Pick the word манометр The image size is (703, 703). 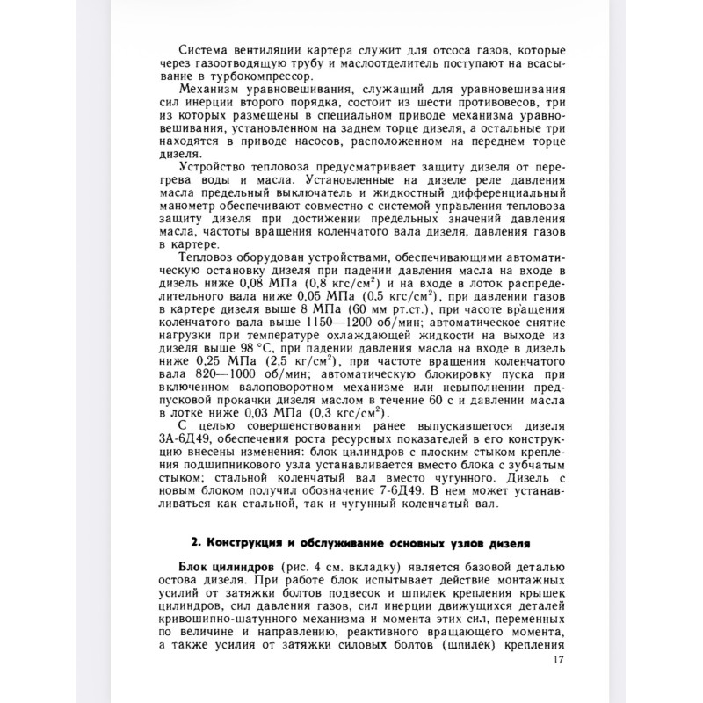pyautogui.click(x=184, y=210)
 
